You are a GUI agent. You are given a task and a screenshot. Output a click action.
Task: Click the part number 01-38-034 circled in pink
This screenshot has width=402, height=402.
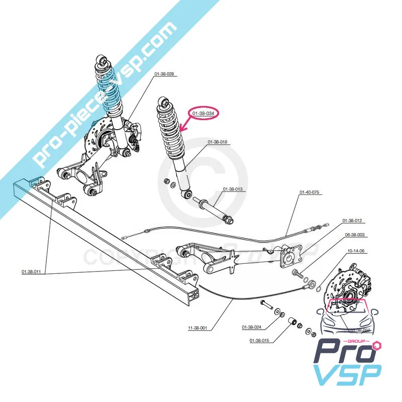coord(204,115)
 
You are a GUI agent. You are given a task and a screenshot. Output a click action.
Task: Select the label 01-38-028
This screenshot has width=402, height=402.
coord(164,74)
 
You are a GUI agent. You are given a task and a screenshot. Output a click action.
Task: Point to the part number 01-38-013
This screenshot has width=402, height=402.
coord(233,189)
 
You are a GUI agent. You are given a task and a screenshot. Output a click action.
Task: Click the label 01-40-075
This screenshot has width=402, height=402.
coord(310,192)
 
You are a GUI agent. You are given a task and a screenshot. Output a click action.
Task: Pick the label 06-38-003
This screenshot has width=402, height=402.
coord(355,235)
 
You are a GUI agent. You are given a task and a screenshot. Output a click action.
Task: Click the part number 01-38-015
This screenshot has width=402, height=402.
coord(259,341)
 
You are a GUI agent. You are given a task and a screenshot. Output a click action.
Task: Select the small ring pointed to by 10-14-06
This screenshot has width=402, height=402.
coord(318,287)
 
